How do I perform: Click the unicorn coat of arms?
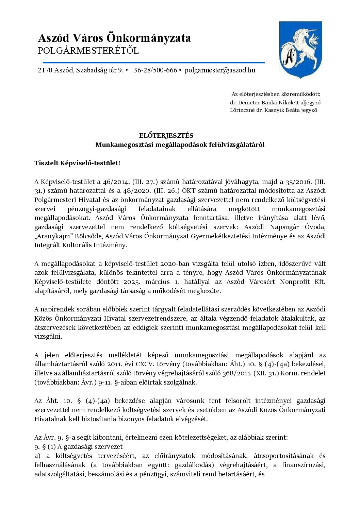300,50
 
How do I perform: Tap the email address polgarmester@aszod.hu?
220,70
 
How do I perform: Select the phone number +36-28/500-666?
153,70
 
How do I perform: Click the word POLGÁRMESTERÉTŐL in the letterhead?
88,51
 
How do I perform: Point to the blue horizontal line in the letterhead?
153,63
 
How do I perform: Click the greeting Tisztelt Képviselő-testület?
77,163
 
